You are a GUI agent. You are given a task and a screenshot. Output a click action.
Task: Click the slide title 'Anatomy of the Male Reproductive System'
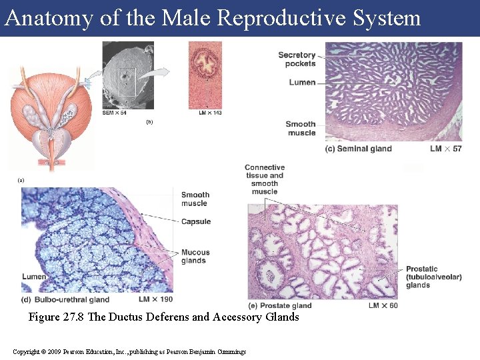tap(213, 18)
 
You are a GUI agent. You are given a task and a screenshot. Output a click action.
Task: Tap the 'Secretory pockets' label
tap(297, 59)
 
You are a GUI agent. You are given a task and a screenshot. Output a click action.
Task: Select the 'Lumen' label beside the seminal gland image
tap(302, 83)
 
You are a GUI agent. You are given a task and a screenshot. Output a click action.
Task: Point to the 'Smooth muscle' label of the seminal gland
tap(301, 128)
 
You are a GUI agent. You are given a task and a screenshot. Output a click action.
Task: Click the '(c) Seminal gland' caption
tap(359, 149)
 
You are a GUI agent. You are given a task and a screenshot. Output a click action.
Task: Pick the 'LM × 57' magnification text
tap(446, 149)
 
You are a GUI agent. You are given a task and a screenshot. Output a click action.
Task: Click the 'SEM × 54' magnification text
tap(115, 113)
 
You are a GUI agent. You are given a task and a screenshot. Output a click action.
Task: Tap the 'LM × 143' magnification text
tap(209, 113)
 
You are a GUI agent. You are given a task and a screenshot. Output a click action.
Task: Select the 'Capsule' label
tap(196, 221)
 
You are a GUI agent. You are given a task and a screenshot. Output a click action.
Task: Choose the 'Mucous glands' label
tap(195, 257)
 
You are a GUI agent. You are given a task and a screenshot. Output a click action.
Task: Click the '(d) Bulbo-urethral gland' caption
tap(65, 300)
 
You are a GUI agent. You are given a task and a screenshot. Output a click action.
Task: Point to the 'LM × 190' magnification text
tap(155, 300)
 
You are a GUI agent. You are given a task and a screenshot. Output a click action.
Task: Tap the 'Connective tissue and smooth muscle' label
tap(265, 179)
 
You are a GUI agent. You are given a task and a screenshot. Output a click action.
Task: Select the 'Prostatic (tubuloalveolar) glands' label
tap(433, 277)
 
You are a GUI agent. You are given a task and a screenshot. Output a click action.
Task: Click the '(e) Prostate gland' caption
tap(280, 306)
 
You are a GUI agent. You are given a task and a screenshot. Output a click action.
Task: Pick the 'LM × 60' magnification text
tap(383, 306)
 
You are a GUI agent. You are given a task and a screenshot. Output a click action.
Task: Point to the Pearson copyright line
tap(129, 351)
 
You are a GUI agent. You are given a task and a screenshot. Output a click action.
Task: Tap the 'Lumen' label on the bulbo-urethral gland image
tap(34, 277)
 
